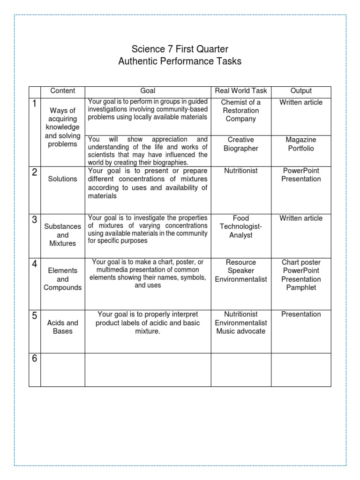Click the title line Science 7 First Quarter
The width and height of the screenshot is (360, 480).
click(x=180, y=49)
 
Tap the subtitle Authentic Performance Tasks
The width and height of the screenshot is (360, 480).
click(x=180, y=61)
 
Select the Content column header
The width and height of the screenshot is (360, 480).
click(x=62, y=91)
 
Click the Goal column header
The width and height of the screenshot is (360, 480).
click(x=148, y=91)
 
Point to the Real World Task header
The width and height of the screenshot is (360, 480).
click(x=240, y=91)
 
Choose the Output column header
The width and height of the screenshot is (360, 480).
click(x=301, y=91)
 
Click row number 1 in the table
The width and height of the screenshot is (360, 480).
click(x=35, y=104)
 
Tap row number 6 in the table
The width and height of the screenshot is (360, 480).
click(x=35, y=359)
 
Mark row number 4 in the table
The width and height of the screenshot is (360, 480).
click(x=35, y=264)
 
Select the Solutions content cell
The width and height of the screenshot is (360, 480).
click(x=62, y=179)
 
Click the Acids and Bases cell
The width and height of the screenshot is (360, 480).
click(x=62, y=327)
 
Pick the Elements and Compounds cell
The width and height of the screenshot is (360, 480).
click(x=62, y=279)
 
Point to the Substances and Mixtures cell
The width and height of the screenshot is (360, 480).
click(x=62, y=235)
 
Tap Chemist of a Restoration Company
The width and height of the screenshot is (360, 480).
click(x=240, y=111)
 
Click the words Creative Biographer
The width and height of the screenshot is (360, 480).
click(x=240, y=144)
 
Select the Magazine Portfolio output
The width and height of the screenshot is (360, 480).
click(x=301, y=144)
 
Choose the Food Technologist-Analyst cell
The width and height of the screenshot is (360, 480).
click(x=240, y=227)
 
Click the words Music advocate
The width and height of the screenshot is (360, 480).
click(x=240, y=331)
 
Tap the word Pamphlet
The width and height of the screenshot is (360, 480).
click(x=301, y=288)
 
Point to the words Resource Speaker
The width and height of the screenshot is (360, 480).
click(x=240, y=266)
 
